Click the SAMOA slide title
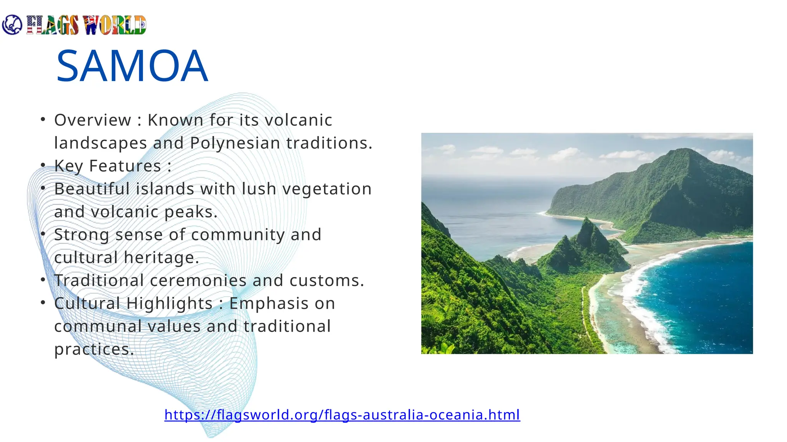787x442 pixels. coord(132,66)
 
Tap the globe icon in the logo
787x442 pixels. coord(12,25)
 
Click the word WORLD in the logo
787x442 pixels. coord(115,25)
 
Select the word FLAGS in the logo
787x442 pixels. coord(53,25)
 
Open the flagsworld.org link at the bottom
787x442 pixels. coord(342,415)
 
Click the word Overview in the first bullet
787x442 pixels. coord(93,120)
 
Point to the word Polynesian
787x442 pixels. coord(235,143)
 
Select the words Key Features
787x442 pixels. coord(108,166)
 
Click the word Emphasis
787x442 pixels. coord(282,303)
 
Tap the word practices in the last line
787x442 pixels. coord(94,349)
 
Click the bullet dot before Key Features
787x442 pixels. coord(43,165)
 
